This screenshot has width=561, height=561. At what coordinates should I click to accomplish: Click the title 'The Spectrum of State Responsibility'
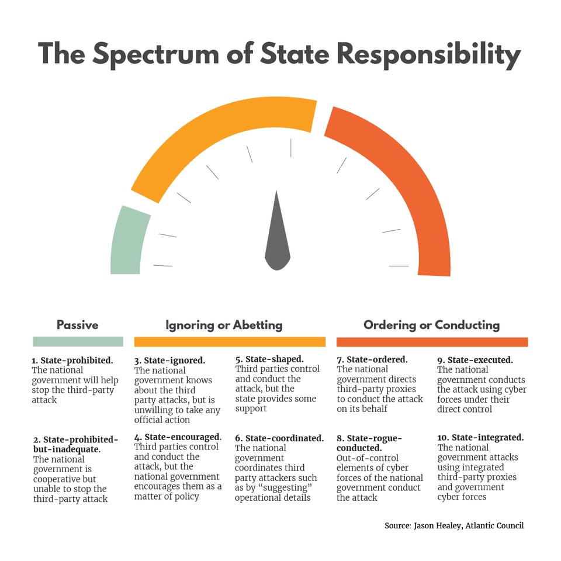pos(279,54)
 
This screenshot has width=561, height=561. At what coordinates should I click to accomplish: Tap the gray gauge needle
pos(278,240)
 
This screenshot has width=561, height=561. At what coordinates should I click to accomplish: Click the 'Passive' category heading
pos(77,325)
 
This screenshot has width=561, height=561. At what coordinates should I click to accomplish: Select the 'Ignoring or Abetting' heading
pos(224,325)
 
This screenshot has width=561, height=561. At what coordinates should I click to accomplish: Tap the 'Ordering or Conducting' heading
pos(431,325)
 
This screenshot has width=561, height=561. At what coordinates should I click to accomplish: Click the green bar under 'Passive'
pos(78,342)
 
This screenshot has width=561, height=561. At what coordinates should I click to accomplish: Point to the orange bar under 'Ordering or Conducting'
pos(432,342)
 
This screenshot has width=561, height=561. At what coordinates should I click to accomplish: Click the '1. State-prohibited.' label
pos(72,361)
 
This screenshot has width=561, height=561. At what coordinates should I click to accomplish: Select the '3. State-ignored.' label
pos(169,361)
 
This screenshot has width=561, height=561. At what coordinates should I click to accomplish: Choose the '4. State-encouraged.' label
pos(178,437)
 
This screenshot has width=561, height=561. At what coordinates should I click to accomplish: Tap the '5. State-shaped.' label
pos(269,359)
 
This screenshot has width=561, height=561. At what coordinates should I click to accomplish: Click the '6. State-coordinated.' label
pos(279,438)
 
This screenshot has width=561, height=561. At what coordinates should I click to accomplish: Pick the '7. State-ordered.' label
pos(372,359)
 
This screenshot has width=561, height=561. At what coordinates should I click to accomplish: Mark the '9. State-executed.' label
pos(475,360)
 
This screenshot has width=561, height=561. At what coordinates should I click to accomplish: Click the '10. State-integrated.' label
pos(480,437)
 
